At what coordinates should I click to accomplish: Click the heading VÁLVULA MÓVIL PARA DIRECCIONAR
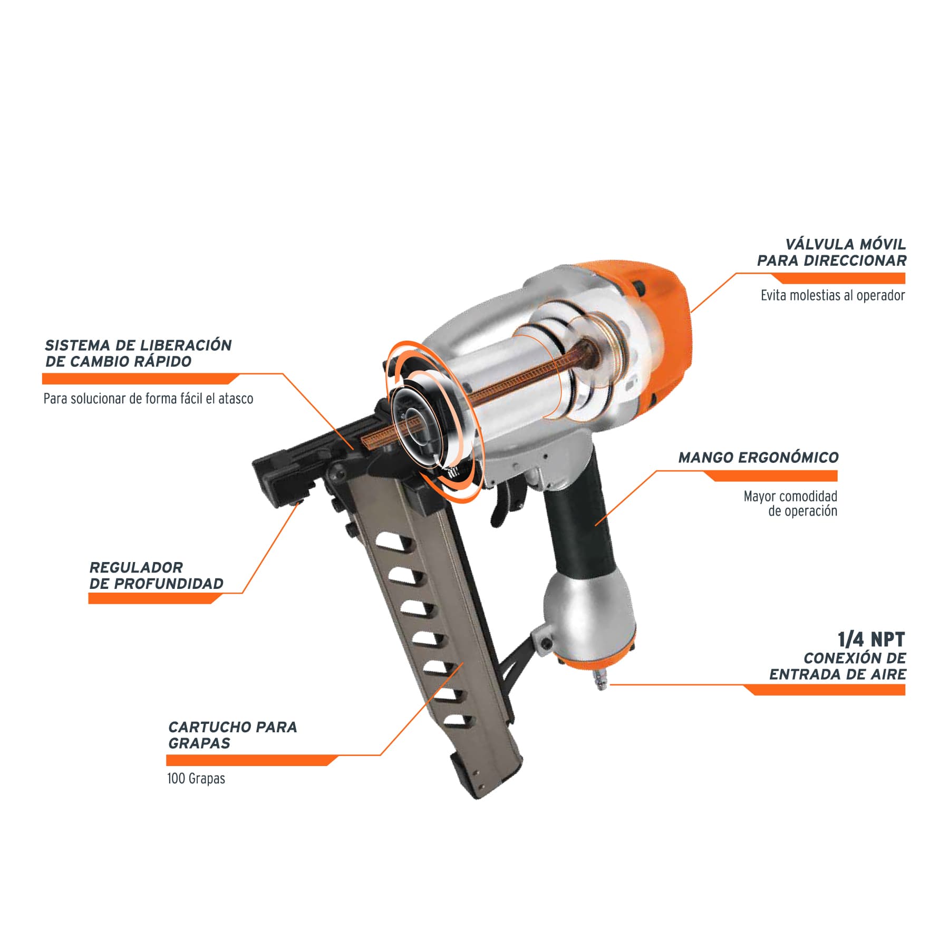[x=831, y=253]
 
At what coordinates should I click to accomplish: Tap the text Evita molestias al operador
[x=832, y=295]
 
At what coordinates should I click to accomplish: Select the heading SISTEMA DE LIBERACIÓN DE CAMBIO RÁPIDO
[x=138, y=353]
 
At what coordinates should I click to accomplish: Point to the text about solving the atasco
[x=148, y=399]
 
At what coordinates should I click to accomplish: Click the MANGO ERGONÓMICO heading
[x=758, y=458]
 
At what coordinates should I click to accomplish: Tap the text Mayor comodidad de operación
[x=790, y=503]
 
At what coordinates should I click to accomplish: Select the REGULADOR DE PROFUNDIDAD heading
[x=156, y=576]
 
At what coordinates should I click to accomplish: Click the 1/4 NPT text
[x=871, y=640]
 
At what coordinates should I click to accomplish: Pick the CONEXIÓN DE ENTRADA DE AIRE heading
[x=838, y=666]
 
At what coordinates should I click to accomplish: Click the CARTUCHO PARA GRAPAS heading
[x=233, y=735]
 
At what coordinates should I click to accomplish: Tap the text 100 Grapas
[x=196, y=778]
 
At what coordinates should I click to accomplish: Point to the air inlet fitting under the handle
[x=601, y=680]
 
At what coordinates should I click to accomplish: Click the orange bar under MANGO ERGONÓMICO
[x=770, y=476]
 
